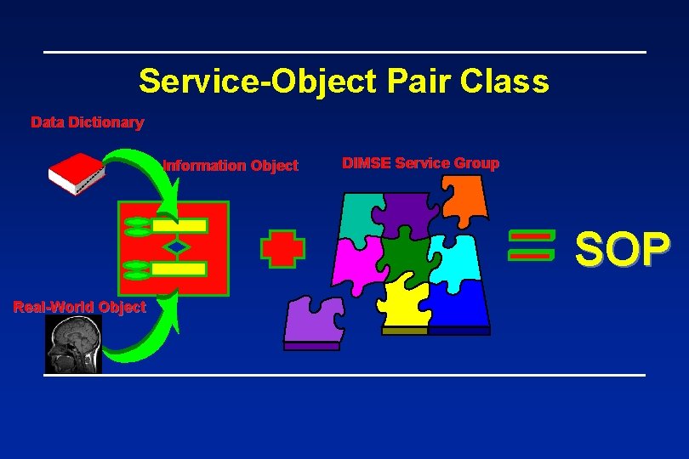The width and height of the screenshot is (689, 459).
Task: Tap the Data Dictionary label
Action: pyautogui.click(x=87, y=122)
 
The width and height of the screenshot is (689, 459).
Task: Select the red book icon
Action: pyautogui.click(x=76, y=173)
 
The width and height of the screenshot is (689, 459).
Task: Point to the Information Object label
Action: pyautogui.click(x=230, y=166)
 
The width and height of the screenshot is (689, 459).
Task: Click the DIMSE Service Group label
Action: pyautogui.click(x=420, y=162)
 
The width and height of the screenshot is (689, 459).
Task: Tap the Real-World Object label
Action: pyautogui.click(x=80, y=307)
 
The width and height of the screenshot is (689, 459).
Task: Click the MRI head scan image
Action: pyautogui.click(x=73, y=344)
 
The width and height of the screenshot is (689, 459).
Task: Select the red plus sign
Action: pyautogui.click(x=282, y=247)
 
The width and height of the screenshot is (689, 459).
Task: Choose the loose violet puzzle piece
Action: pyautogui.click(x=313, y=322)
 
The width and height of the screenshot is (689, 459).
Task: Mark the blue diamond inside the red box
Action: pyautogui.click(x=176, y=247)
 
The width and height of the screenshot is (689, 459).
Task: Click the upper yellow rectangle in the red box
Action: pyautogui.click(x=179, y=225)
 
